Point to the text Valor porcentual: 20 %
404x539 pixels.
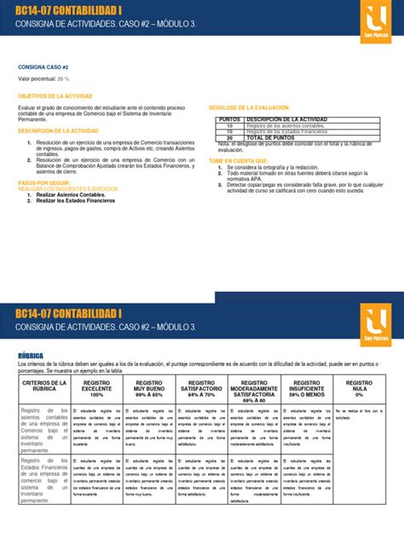click(x=39, y=78)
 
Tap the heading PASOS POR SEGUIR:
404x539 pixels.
click(x=42, y=183)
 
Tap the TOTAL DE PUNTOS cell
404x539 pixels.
click(x=273, y=137)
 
